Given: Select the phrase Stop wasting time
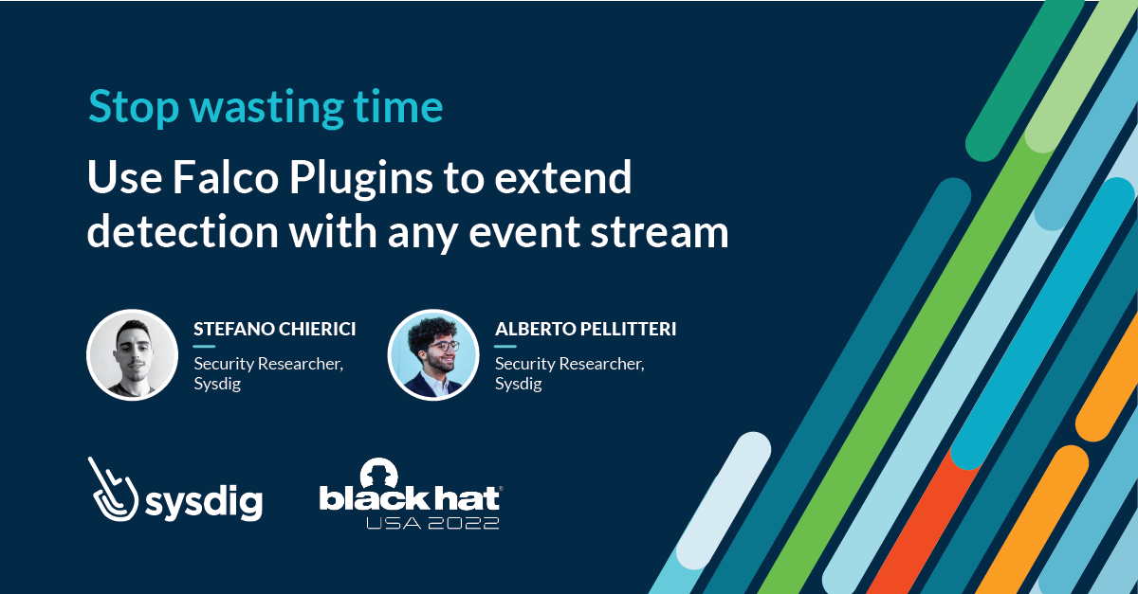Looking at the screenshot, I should click(266, 107).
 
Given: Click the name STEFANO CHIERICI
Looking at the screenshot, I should click(275, 330).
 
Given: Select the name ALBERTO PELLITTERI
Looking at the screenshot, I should click(585, 330).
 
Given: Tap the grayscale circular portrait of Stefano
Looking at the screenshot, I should click(133, 354).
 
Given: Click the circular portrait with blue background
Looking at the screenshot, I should click(433, 354).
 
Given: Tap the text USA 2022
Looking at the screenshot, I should click(432, 522).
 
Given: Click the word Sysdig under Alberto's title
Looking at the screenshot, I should click(518, 385).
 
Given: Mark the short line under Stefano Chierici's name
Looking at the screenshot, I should click(205, 347).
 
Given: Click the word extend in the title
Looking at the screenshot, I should click(577, 178).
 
